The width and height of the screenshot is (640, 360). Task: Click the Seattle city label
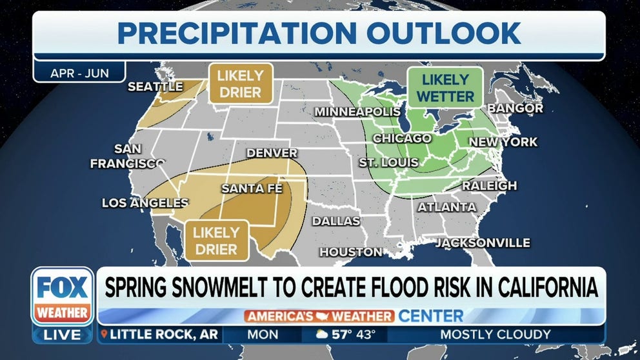(155, 86)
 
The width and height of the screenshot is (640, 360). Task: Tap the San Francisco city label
(127, 156)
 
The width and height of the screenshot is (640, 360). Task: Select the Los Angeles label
(145, 203)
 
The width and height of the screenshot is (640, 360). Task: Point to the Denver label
(272, 154)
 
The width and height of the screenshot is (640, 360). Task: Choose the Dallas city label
(335, 221)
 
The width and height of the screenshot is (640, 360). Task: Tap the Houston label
(350, 252)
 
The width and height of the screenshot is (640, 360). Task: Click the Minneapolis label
(357, 112)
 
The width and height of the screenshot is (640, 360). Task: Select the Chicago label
(401, 139)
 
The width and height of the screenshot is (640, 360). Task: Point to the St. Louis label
(388, 163)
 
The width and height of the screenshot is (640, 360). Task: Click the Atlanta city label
(446, 207)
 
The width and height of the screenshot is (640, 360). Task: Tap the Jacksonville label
(482, 243)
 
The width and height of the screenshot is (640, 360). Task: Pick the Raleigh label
(489, 186)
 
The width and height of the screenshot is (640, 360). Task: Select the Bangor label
(515, 108)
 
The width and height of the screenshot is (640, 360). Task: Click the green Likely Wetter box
(445, 88)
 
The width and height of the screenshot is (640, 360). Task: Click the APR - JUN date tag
(79, 73)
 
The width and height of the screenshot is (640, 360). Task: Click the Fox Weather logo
(63, 296)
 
